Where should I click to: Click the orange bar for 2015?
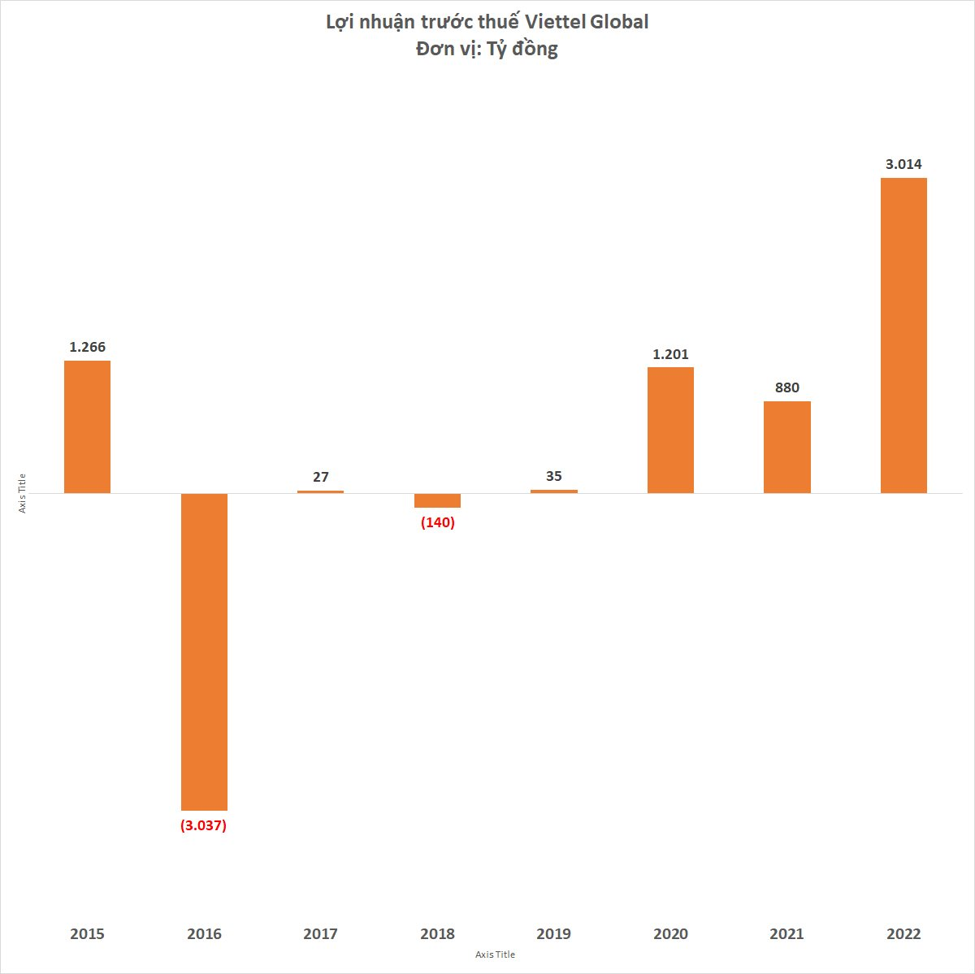(87, 426)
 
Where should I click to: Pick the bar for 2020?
(670, 430)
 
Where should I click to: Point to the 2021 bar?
(786, 447)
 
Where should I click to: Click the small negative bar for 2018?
(437, 500)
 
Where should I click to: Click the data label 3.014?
(903, 164)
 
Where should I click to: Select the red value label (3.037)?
(203, 826)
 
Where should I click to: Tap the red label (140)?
(437, 522)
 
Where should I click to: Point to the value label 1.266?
(87, 347)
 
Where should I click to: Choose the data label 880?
(786, 387)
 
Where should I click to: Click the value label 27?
(321, 477)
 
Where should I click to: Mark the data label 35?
(553, 476)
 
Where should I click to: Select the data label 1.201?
(670, 354)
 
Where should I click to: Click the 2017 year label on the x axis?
(320, 934)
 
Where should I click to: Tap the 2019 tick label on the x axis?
(553, 934)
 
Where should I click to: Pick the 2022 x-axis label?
(903, 934)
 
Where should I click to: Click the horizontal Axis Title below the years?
(495, 955)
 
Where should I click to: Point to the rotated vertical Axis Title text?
(23, 492)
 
